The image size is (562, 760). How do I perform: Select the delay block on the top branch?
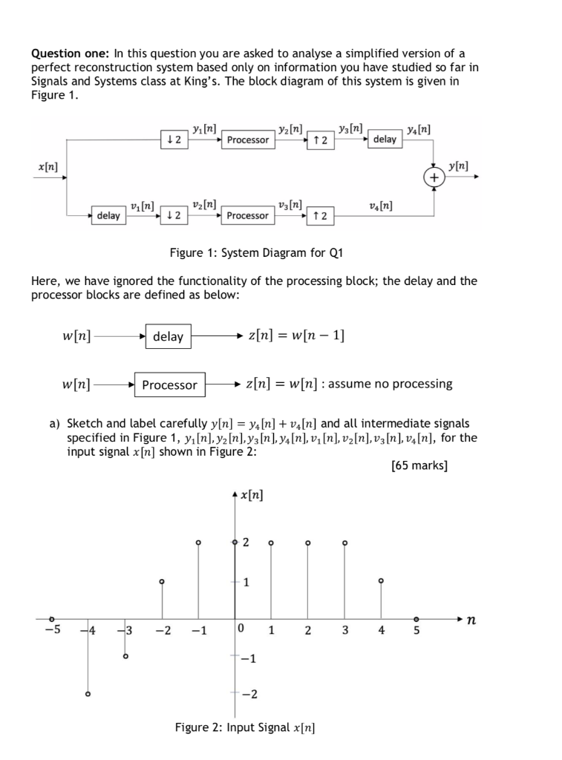coord(385,139)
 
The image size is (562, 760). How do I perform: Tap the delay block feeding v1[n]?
coord(108,215)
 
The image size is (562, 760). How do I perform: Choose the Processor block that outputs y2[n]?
coord(248,140)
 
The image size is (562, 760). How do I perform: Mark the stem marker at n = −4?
coord(88,695)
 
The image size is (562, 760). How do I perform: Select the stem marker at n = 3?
coord(345,543)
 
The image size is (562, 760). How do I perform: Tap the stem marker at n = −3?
coord(125,656)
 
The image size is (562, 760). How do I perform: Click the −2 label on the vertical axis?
coord(249,695)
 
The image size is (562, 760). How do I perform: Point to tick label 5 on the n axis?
coord(416,631)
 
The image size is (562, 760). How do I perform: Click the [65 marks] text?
coord(419,466)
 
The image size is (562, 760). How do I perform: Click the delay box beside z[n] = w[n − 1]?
coord(169,336)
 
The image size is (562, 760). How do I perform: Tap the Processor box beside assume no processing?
coord(169,384)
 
